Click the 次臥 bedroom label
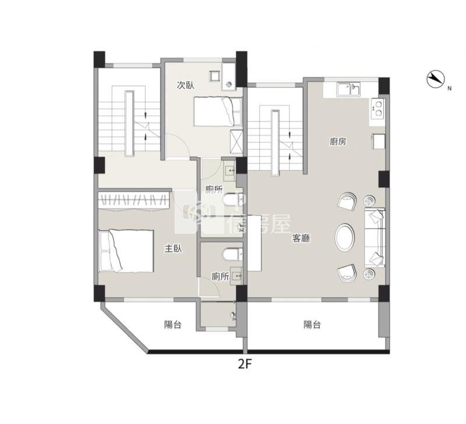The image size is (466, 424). coord(186,85)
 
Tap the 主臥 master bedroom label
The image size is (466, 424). coord(174,248)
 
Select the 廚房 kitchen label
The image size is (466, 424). coord(338,141)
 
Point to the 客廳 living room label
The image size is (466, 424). coord(302,238)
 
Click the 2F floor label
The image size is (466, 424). coord(245,364)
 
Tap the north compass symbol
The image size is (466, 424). coord(435,79)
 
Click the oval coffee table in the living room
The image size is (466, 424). coord(345,237)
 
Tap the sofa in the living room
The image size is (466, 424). coord(375,238)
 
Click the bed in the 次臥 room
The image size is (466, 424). coord(217,112)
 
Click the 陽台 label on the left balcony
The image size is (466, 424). coord(172,325)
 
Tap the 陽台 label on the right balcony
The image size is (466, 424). coord(312,325)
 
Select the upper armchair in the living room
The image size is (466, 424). coord(347,201)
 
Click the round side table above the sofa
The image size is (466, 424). coord(369,201)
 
